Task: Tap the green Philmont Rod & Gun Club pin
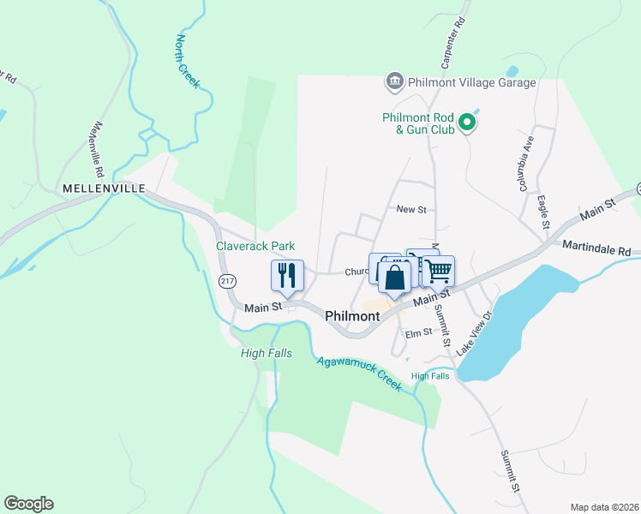click(x=467, y=124)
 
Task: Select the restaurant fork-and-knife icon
click(x=287, y=275)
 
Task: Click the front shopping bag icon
click(x=394, y=278)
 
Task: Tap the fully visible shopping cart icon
click(x=439, y=272)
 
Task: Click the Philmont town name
click(x=352, y=316)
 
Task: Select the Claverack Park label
click(x=255, y=246)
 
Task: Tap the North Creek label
click(x=188, y=61)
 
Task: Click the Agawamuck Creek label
click(x=359, y=373)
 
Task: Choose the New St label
click(x=411, y=209)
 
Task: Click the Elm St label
click(x=419, y=333)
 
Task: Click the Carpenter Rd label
click(x=453, y=43)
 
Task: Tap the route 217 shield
click(x=227, y=281)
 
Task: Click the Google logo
click(x=28, y=504)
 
